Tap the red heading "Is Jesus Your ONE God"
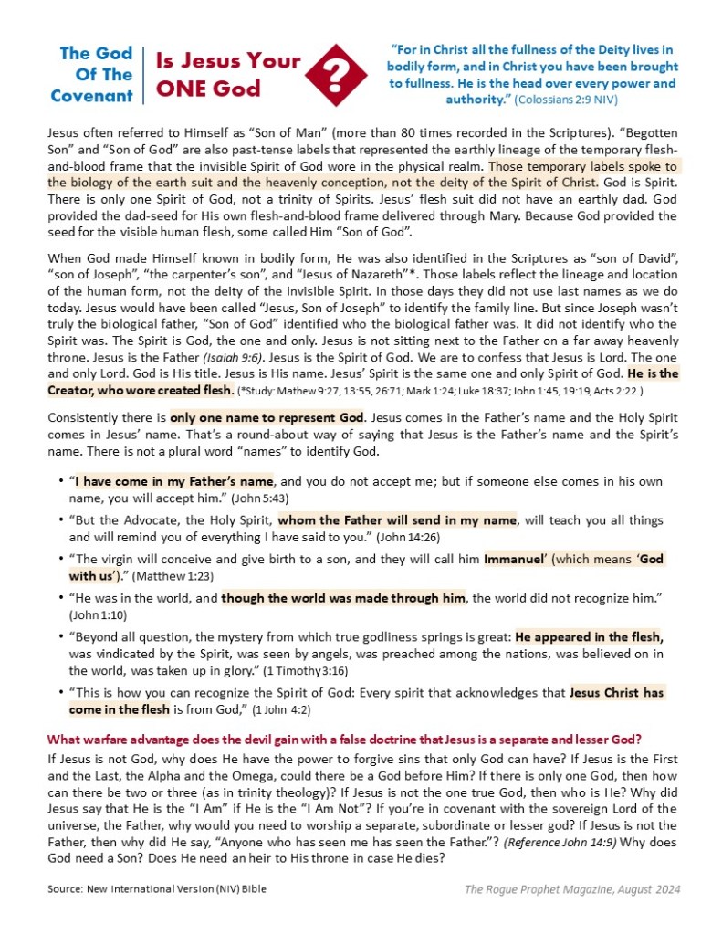pos(227,75)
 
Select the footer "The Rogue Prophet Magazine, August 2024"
pos(572,888)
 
